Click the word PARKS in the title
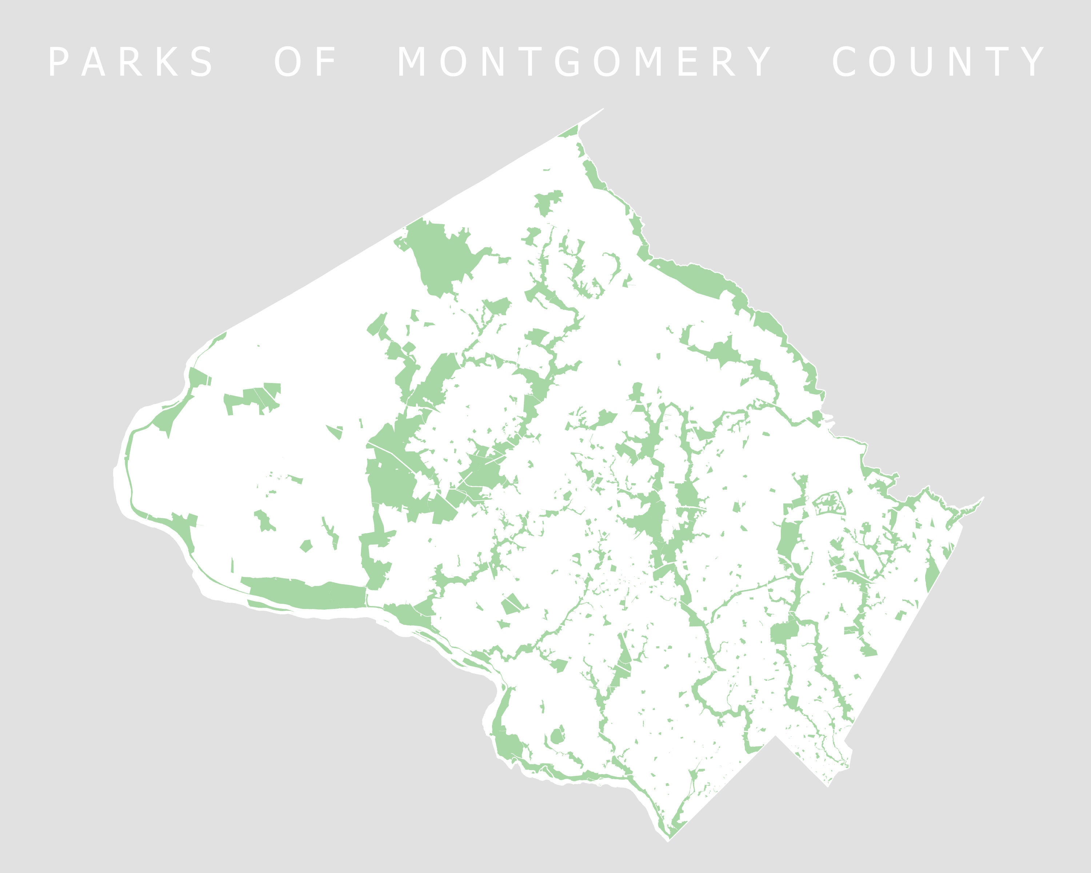(x=131, y=62)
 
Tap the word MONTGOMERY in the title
(x=584, y=62)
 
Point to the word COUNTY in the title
(x=939, y=62)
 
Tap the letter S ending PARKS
(x=203, y=62)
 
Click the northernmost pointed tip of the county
(x=604, y=108)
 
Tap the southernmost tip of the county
(x=668, y=841)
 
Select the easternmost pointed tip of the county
(x=983, y=498)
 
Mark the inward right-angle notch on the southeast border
(x=776, y=736)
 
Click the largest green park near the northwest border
(x=440, y=256)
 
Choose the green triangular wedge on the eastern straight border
(x=932, y=574)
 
